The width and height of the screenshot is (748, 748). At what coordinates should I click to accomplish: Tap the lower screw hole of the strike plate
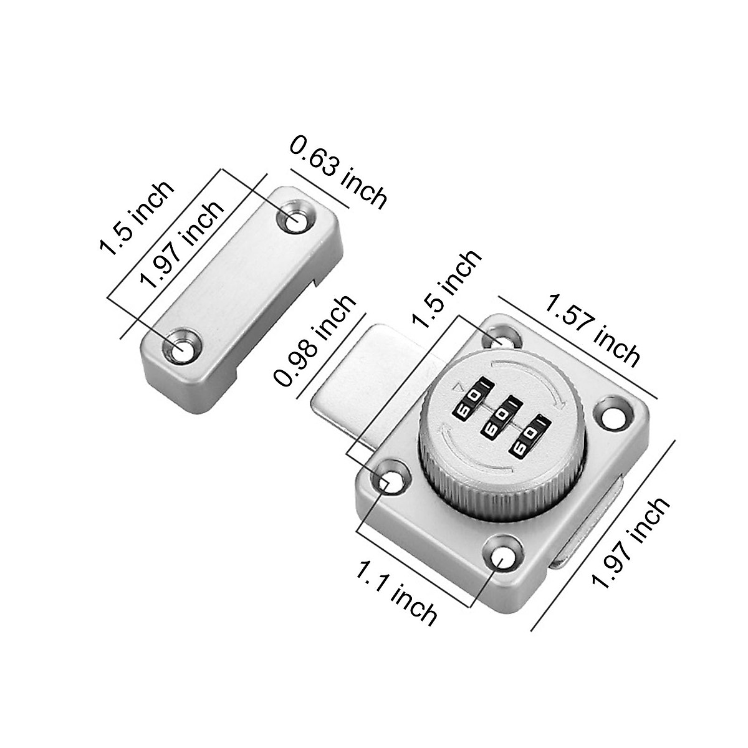point(181,350)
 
